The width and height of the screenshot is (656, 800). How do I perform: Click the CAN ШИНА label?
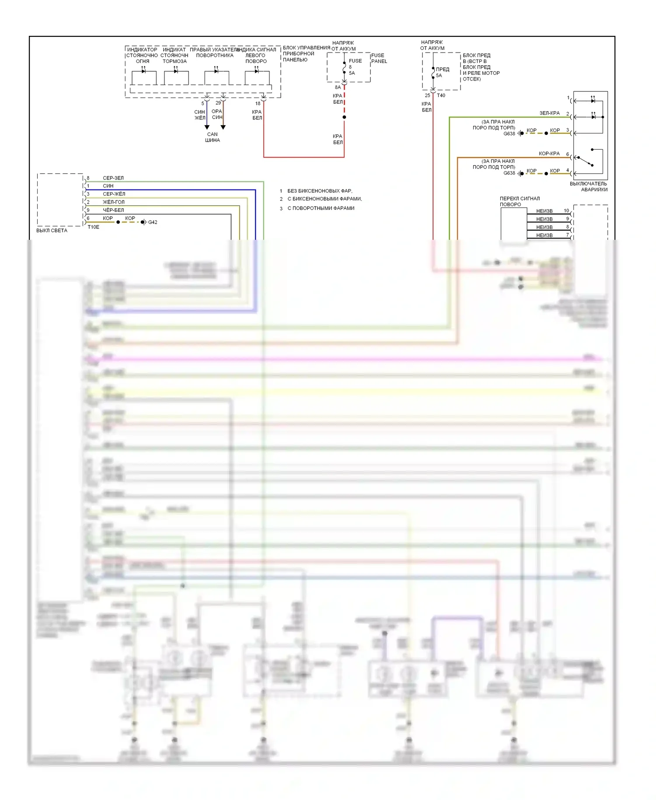[213, 137]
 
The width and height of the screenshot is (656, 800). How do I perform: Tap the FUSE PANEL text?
[379, 58]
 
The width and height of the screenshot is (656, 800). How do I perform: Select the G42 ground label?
[153, 222]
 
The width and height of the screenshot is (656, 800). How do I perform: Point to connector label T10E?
[94, 227]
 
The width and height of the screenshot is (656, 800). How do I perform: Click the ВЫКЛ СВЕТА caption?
[52, 231]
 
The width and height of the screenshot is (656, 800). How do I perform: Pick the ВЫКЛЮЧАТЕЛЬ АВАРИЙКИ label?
[589, 187]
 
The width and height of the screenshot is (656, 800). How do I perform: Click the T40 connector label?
[441, 95]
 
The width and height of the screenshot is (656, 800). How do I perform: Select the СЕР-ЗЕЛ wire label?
[113, 178]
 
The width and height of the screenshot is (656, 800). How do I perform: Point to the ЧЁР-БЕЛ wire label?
[113, 210]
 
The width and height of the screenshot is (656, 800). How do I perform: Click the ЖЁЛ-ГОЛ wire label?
[113, 202]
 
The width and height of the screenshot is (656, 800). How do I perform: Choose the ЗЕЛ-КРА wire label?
[549, 113]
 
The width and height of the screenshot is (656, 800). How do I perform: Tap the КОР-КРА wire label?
[549, 154]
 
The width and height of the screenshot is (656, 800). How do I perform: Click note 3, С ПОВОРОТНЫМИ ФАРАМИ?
[321, 208]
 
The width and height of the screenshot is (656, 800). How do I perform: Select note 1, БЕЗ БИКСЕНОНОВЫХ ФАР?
[319, 191]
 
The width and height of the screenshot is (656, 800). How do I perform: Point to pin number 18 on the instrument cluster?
[258, 104]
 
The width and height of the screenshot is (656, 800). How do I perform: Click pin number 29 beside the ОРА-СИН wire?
[218, 103]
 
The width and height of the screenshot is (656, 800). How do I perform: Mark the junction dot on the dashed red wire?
[344, 117]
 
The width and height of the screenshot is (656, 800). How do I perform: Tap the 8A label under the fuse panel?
[338, 88]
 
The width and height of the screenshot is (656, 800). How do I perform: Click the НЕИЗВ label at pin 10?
[544, 211]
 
